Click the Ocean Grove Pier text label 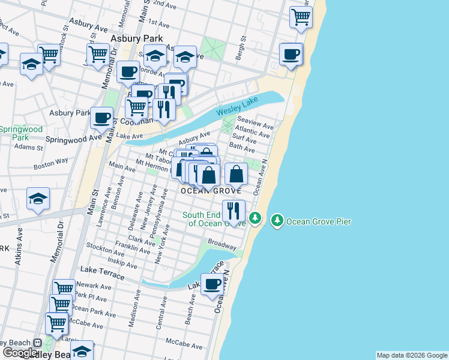point(318,221)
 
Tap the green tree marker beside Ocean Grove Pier point(277,221)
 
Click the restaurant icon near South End point(233,211)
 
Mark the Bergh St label point(244,47)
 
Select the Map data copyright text point(412,355)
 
